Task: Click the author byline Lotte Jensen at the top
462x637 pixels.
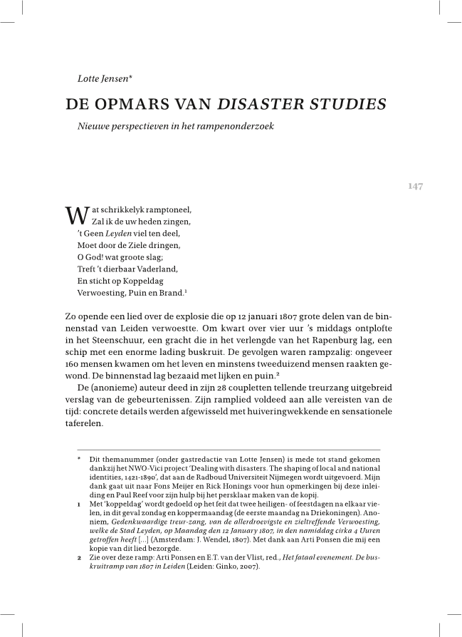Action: click(105, 78)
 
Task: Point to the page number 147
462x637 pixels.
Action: click(415, 187)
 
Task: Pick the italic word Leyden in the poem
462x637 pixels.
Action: click(123, 232)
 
